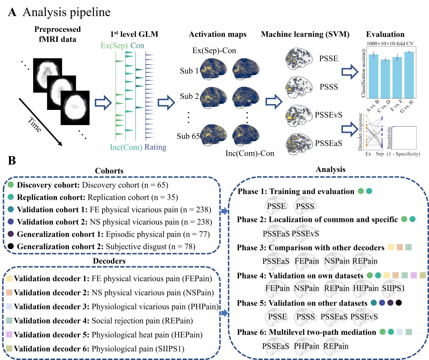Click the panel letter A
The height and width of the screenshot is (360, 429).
12,12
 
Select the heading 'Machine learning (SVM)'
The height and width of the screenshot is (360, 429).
305,35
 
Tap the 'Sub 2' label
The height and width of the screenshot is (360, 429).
189,97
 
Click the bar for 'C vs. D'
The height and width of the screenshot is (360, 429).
385,78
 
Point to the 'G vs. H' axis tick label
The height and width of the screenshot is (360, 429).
407,106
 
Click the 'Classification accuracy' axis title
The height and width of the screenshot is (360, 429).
363,73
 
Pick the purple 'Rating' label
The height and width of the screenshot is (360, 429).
155,147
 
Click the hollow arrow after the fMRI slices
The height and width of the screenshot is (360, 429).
103,103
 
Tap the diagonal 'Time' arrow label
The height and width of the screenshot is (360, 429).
35,125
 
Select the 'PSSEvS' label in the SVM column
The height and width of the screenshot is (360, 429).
328,115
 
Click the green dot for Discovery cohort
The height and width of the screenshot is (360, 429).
11,185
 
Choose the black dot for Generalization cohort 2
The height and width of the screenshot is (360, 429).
11,246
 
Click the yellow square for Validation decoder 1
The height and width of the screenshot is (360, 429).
9,279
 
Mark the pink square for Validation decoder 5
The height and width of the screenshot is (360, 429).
9,335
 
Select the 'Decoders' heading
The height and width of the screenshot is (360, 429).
109,261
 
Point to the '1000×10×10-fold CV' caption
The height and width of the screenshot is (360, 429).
390,44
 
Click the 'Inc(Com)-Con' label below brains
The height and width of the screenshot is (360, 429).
250,154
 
